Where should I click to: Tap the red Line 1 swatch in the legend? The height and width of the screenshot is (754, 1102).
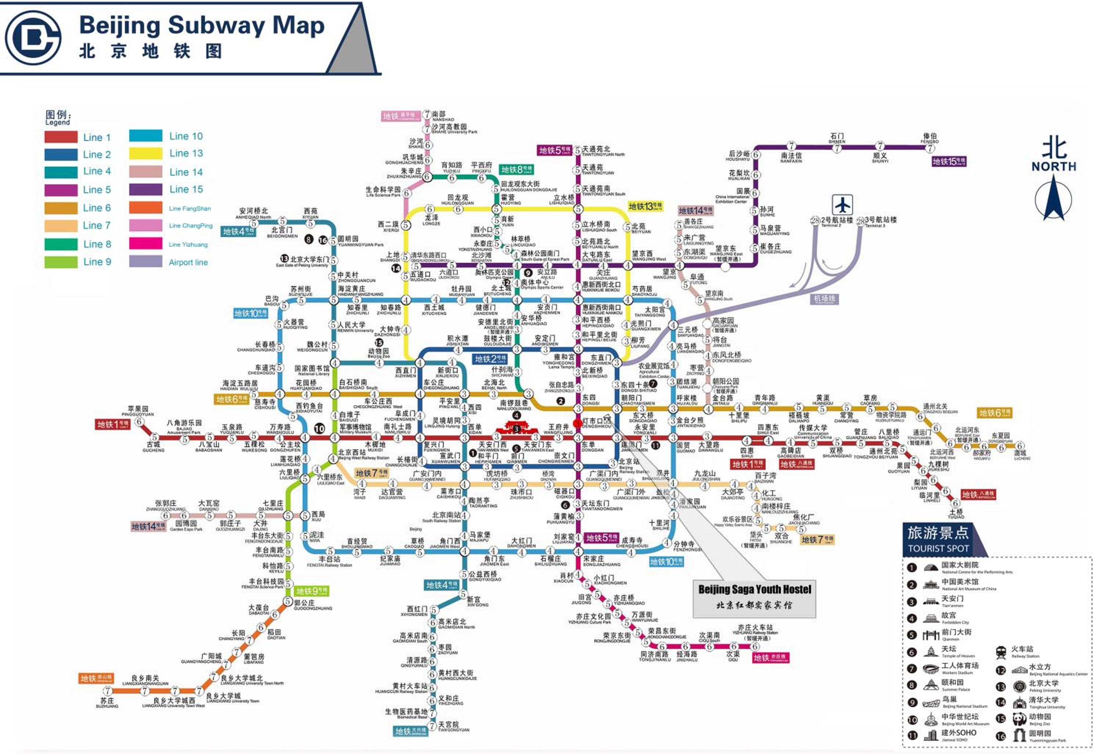(x=61, y=137)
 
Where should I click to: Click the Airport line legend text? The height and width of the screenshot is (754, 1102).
(x=188, y=262)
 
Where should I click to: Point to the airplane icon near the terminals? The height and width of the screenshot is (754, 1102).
(x=842, y=205)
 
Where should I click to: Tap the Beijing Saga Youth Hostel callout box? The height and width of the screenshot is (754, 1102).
(x=754, y=598)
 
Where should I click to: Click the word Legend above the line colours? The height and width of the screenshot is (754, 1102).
(x=57, y=122)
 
